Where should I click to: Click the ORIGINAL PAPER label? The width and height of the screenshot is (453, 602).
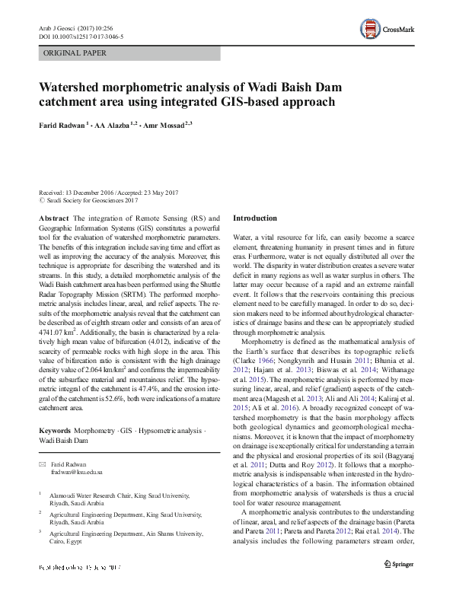click(x=75, y=53)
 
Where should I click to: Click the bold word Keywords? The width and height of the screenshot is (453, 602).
click(x=58, y=432)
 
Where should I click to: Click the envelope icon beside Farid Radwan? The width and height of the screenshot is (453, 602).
click(x=43, y=463)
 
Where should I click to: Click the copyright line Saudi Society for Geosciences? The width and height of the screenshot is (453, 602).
click(x=91, y=200)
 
